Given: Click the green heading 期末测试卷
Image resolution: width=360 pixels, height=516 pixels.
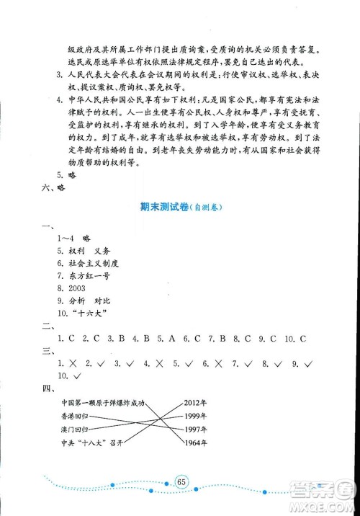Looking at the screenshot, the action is click(160, 207).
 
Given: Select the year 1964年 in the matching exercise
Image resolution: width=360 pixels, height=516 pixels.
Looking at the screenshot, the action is click(194, 442).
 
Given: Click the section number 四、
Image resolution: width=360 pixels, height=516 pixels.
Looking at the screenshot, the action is click(48, 388).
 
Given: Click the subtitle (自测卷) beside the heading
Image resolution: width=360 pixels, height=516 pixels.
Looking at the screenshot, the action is click(207, 208).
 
